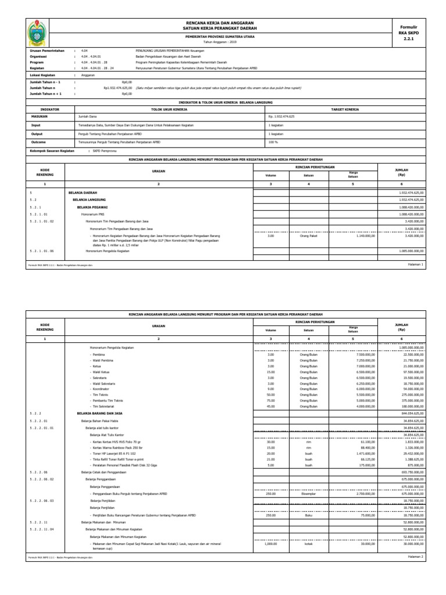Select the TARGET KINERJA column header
345,109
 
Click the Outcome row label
37,141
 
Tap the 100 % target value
273,141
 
